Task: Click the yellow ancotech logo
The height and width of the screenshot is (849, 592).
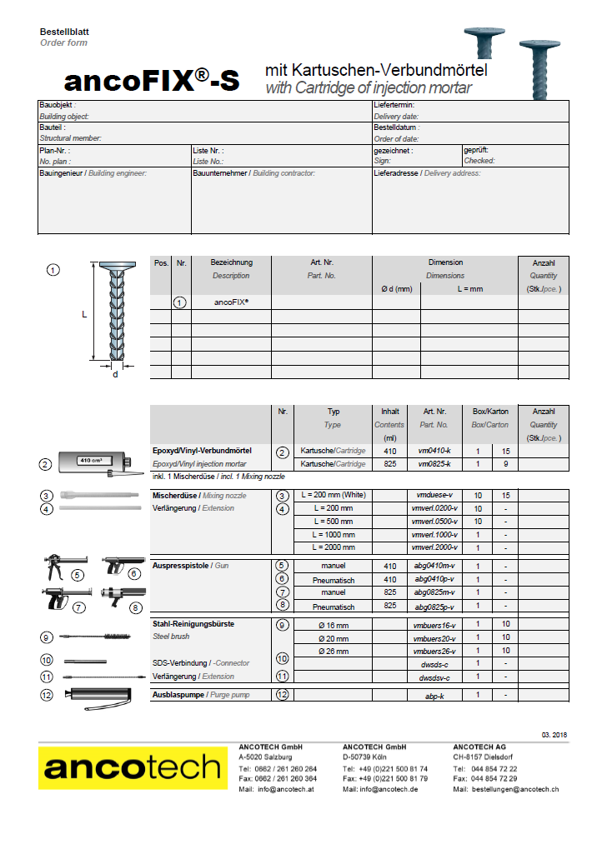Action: (132, 767)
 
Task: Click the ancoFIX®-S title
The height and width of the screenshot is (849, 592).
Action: (151, 80)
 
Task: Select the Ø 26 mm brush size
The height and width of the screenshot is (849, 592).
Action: (334, 651)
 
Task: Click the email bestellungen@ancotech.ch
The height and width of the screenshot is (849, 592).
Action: (514, 789)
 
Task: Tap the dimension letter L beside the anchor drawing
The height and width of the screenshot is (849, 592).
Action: (83, 315)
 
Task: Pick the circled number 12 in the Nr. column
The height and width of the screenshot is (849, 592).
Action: (283, 694)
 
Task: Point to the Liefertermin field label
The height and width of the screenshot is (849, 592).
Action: (394, 106)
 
